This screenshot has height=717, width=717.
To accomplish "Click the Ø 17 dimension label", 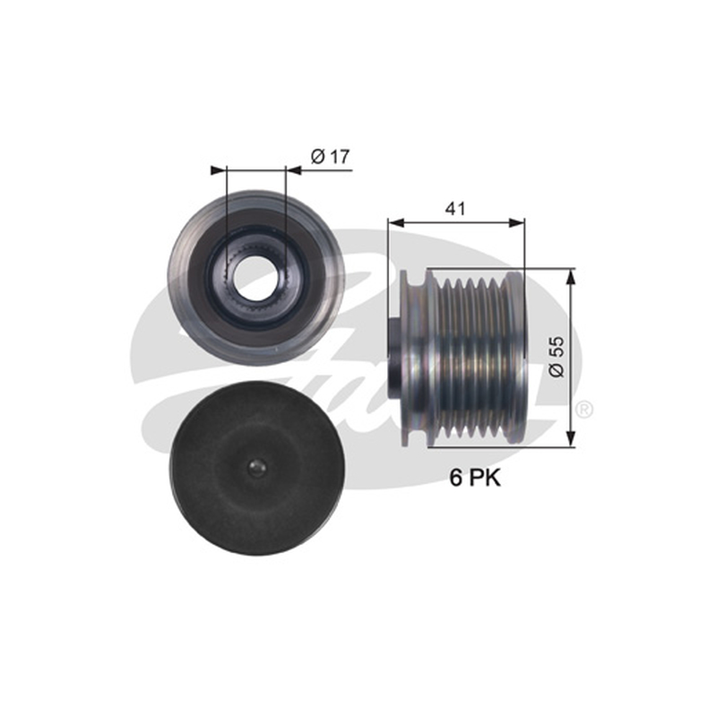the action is [x=330, y=157].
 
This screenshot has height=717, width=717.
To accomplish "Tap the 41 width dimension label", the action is [x=455, y=209].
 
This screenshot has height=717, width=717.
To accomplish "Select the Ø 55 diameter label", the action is [x=557, y=357].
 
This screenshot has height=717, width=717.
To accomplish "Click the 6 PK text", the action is [x=475, y=479].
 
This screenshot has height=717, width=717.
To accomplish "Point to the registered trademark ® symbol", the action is [x=585, y=409].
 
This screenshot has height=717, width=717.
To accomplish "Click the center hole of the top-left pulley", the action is [x=253, y=276].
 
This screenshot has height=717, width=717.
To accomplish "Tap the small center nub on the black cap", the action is [x=256, y=467].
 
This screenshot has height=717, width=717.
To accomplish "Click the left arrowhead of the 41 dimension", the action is [x=396, y=222].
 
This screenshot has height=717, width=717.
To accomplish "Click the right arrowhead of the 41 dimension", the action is [x=517, y=222].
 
